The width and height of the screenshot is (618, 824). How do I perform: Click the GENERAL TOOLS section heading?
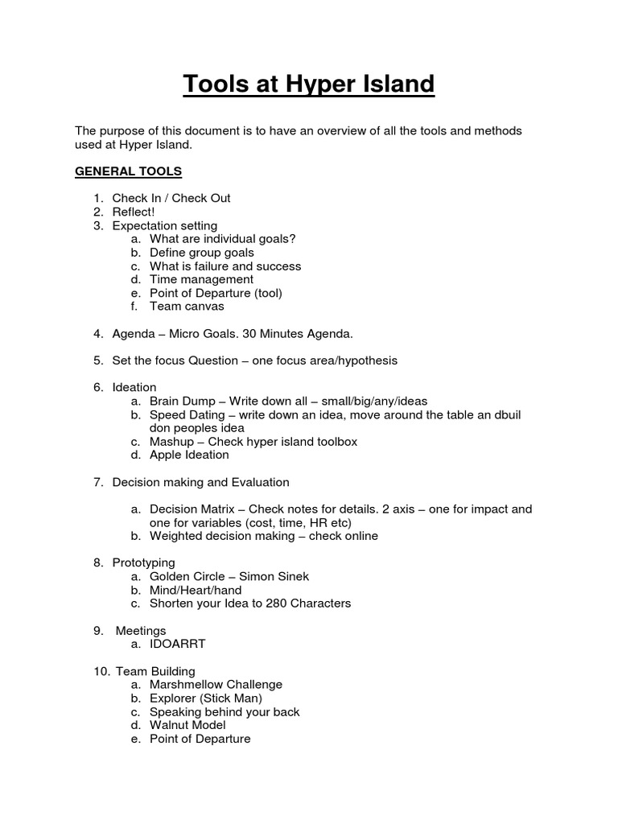point(129,171)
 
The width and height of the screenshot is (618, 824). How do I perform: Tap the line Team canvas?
point(187,307)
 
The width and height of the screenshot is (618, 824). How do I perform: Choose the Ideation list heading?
point(134,388)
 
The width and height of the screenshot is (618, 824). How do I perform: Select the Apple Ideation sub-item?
point(189,455)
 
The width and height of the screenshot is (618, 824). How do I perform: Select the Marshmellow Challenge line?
point(216,685)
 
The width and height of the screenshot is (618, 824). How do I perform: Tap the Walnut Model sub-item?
point(187,726)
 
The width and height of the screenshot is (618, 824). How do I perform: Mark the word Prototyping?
point(144,563)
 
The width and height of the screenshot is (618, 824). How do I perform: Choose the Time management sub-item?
point(202,280)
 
